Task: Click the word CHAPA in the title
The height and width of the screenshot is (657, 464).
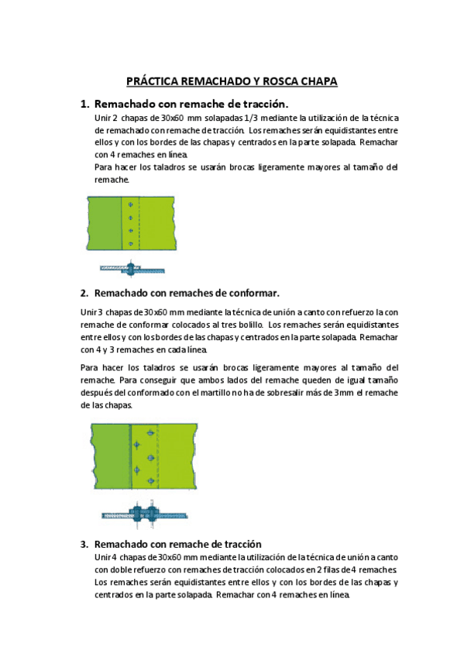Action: [318, 81]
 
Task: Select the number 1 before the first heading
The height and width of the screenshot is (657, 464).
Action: [84, 103]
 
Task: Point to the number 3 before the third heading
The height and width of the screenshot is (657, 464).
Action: [84, 544]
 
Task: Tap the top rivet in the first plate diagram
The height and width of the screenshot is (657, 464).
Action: [130, 204]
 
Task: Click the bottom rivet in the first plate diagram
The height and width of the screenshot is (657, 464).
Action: [130, 243]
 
